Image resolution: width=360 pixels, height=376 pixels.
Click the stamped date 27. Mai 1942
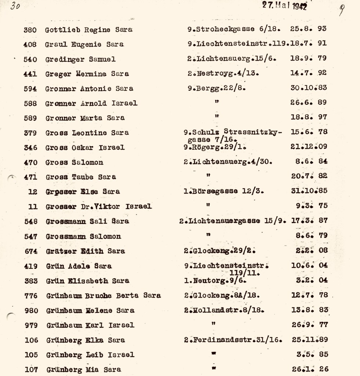[285, 5]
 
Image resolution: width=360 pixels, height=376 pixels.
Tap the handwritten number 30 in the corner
[15, 6]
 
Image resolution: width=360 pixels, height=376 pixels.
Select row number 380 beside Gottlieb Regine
[30, 30]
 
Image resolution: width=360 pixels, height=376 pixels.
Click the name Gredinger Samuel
[80, 59]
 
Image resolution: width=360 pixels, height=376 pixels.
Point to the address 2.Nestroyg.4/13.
[222, 73]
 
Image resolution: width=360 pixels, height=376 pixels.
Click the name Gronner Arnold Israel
[91, 103]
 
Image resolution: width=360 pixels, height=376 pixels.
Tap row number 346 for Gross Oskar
[30, 147]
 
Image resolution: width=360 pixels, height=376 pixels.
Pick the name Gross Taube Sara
[81, 177]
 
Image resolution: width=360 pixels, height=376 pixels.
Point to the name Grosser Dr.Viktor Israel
[98, 206]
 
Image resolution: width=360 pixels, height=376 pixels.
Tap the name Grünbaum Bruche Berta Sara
[103, 296]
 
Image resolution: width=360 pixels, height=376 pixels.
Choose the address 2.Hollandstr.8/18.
[223, 310]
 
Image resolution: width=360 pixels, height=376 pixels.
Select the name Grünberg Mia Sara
[84, 369]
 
